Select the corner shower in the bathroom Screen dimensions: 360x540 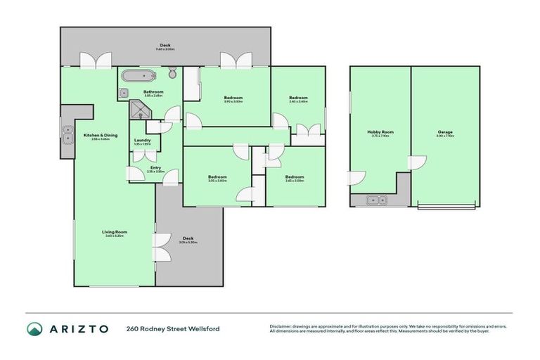pos(138,110)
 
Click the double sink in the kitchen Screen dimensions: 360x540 pos(67,134)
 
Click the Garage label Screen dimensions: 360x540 pos(444,131)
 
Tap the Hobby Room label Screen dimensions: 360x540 pos(380,131)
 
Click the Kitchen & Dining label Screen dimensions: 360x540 pos(101,135)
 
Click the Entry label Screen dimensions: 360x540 pos(155,167)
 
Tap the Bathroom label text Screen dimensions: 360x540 pos(153,91)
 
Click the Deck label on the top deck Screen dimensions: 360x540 pos(165,46)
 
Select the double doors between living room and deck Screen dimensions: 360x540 pos(160,248)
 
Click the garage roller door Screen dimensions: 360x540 pos(447,206)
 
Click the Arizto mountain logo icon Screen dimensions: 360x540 pos(34,328)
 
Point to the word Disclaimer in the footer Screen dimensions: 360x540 pos(281,326)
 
